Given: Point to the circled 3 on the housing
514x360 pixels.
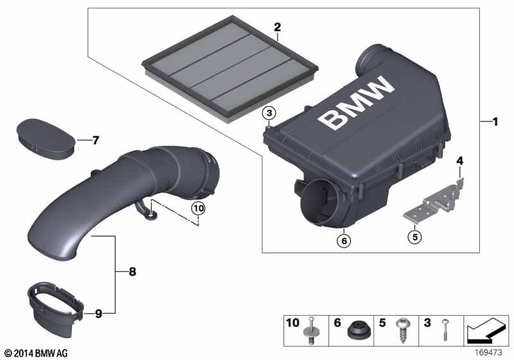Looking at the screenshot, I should point(270,114).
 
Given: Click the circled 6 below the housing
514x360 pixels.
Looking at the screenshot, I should point(344,240).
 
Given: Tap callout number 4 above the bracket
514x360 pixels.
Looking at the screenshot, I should point(459,160).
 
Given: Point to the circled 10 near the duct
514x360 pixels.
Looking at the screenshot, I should point(199,207).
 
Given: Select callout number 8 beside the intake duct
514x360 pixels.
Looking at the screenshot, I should point(132,272).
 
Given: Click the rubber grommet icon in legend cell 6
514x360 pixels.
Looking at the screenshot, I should point(356,332).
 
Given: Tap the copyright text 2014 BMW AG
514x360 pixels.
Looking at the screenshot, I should point(35,353).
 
